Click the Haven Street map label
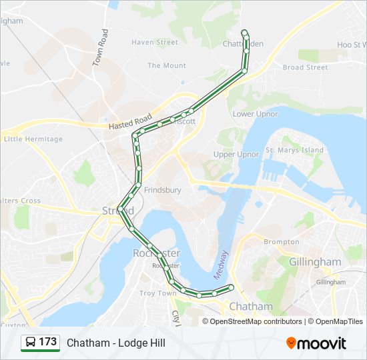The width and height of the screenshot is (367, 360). pyautogui.click(x=155, y=42)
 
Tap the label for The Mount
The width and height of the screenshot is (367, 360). pyautogui.click(x=167, y=65)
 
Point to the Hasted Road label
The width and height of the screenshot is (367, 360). pyautogui.click(x=130, y=123)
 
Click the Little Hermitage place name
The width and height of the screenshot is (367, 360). pyautogui.click(x=33, y=139)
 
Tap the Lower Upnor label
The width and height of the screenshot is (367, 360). pyautogui.click(x=256, y=114)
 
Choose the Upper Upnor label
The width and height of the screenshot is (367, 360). pyautogui.click(x=236, y=154)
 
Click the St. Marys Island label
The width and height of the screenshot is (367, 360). pyautogui.click(x=294, y=150)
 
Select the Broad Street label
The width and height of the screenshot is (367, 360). pyautogui.click(x=305, y=67)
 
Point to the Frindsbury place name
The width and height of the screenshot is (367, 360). pyautogui.click(x=162, y=189)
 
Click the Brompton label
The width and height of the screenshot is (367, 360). pyautogui.click(x=282, y=241)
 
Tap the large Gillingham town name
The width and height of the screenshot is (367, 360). pyautogui.click(x=315, y=262)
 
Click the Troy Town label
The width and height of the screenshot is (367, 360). pyautogui.click(x=157, y=293)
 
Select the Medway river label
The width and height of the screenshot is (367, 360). pyautogui.click(x=221, y=264)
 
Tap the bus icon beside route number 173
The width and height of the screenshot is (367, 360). pyautogui.click(x=31, y=342)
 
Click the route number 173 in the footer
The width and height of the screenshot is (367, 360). pyautogui.click(x=47, y=342)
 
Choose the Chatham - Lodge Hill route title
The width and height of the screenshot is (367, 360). pyautogui.click(x=115, y=343)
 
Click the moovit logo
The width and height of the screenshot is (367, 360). pyautogui.click(x=316, y=343)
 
